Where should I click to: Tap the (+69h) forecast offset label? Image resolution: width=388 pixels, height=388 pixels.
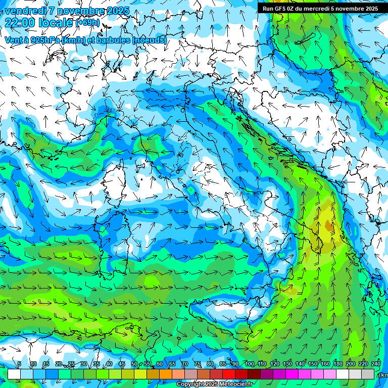(x=87, y=23)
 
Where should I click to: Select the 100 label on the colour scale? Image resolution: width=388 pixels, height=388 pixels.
(x=249, y=364)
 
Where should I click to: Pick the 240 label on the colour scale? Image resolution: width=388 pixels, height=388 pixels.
(x=375, y=364)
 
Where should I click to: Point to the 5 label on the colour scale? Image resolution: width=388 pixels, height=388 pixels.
(x=19, y=364)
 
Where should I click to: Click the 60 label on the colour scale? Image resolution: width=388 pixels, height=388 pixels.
(x=160, y=364)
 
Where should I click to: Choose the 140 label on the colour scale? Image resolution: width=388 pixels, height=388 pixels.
(x=300, y=364)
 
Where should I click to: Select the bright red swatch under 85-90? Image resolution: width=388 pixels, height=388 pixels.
(x=229, y=374)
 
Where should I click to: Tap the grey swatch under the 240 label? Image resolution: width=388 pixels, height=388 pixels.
(x=368, y=374)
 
